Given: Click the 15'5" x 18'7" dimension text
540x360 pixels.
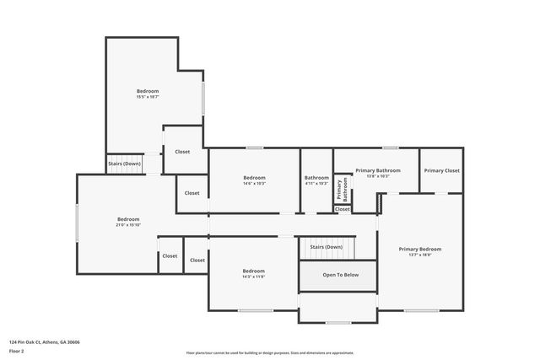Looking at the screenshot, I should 148,97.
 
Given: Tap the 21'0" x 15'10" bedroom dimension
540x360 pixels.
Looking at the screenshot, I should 128,225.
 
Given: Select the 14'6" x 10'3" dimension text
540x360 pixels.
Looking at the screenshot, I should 254,183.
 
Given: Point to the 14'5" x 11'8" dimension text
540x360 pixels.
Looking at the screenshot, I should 254,277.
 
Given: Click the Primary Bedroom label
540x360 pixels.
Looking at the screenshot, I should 420,249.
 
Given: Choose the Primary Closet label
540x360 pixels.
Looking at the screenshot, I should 441,170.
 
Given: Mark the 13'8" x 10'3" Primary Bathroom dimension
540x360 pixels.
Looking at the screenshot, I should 377,176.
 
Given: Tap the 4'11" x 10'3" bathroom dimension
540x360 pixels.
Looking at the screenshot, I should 316,183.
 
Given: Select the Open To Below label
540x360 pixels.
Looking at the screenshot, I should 340,275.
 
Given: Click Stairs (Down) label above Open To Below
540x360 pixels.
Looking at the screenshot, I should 326,247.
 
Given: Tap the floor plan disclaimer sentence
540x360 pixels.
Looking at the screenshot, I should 270,353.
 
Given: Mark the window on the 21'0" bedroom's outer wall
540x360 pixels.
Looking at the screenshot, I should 78,225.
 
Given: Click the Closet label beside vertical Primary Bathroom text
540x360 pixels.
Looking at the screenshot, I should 342,209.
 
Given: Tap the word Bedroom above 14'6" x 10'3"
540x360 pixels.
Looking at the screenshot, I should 254,177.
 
